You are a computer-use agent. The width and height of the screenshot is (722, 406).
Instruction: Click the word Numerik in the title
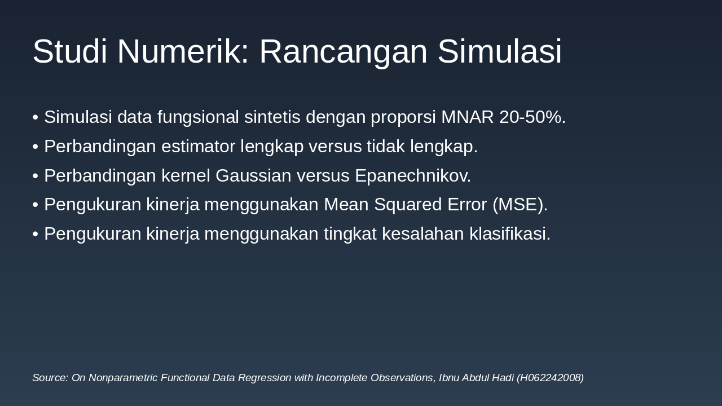click(x=183, y=51)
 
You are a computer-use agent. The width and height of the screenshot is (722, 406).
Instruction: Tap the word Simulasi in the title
click(x=500, y=51)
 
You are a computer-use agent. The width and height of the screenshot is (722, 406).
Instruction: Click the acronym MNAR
click(x=468, y=117)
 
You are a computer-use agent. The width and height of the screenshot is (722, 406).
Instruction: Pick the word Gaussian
click(x=253, y=175)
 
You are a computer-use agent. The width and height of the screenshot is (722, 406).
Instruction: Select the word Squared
click(x=408, y=205)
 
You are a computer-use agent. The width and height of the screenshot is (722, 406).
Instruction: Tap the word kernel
click(x=186, y=175)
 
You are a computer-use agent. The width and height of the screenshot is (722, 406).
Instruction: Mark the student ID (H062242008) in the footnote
click(x=550, y=378)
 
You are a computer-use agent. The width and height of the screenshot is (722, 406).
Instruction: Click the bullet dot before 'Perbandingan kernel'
click(x=36, y=176)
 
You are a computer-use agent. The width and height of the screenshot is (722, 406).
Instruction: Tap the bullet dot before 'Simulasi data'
click(x=36, y=118)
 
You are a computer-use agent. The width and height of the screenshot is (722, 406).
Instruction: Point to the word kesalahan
click(x=423, y=233)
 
